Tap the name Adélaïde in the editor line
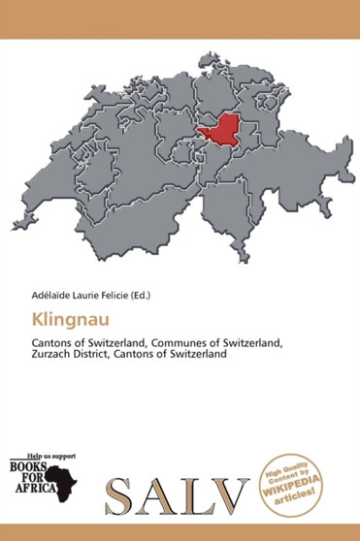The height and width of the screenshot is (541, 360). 37,292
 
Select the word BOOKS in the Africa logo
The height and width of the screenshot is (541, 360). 27,464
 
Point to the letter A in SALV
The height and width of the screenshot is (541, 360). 164,494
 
